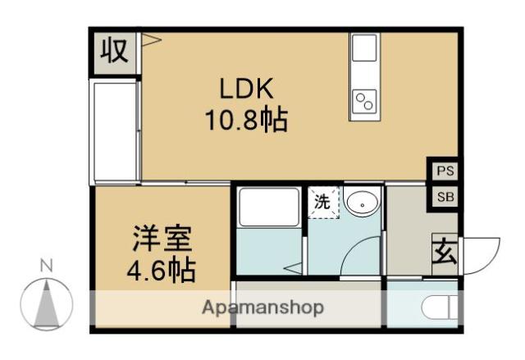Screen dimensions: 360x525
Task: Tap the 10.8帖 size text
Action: pos(244,121)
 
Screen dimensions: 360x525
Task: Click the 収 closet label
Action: pos(114,52)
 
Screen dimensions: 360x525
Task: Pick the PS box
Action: pos(445,171)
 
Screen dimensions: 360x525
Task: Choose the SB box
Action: pos(445,197)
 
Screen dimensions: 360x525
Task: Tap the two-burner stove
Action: pos(363,101)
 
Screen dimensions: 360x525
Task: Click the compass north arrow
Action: pos(47,301)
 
